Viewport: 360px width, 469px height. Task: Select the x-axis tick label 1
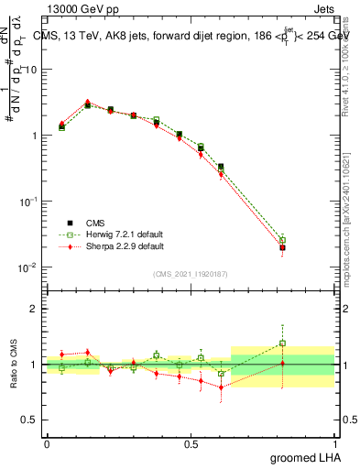333,442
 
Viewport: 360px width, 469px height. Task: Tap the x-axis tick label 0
47,442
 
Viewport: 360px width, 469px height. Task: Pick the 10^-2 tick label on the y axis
28,267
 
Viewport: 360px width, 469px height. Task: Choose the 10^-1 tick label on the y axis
28,202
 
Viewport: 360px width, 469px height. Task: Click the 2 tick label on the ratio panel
33,309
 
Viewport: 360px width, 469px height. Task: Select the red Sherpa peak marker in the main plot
88,103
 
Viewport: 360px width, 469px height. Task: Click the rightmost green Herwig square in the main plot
282,241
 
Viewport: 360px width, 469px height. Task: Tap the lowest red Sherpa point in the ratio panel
221,387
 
